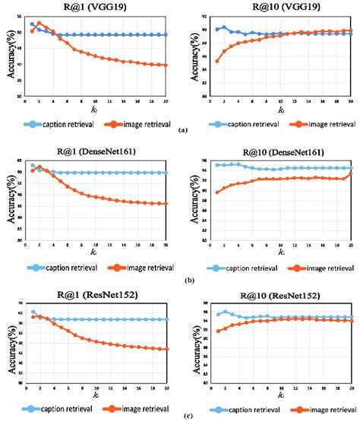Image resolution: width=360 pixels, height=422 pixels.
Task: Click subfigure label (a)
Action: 182,131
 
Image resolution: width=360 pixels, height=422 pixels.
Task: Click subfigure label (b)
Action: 182,280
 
